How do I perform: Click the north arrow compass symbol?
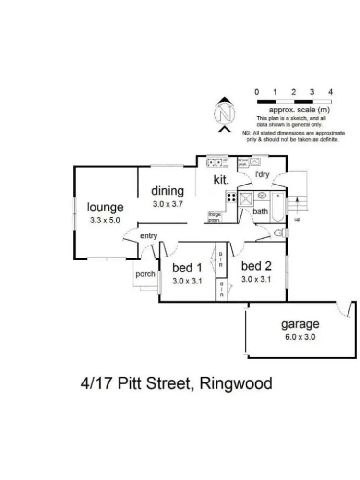point(224,114)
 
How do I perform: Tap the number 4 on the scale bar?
point(330,92)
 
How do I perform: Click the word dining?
point(168,191)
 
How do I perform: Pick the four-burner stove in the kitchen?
point(231,197)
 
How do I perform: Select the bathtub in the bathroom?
point(278,207)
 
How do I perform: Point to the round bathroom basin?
point(263,196)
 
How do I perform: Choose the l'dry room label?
point(262,175)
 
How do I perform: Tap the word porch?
point(145,274)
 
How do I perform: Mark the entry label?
point(149,236)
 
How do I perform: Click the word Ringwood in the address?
point(237,383)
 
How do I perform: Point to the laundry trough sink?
point(255,161)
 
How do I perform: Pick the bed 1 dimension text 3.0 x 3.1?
point(187,281)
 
